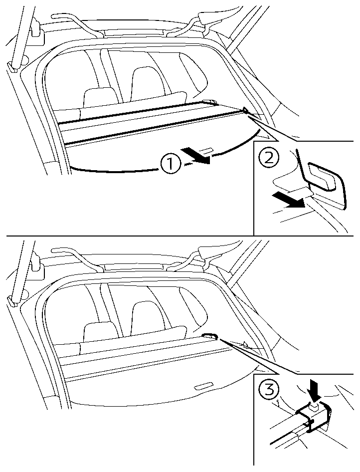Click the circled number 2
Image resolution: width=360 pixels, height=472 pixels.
click(269, 158)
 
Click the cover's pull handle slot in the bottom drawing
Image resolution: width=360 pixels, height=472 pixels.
click(204, 387)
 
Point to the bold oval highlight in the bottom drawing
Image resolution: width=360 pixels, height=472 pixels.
click(209, 336)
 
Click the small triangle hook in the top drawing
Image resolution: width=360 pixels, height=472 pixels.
click(245, 110)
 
